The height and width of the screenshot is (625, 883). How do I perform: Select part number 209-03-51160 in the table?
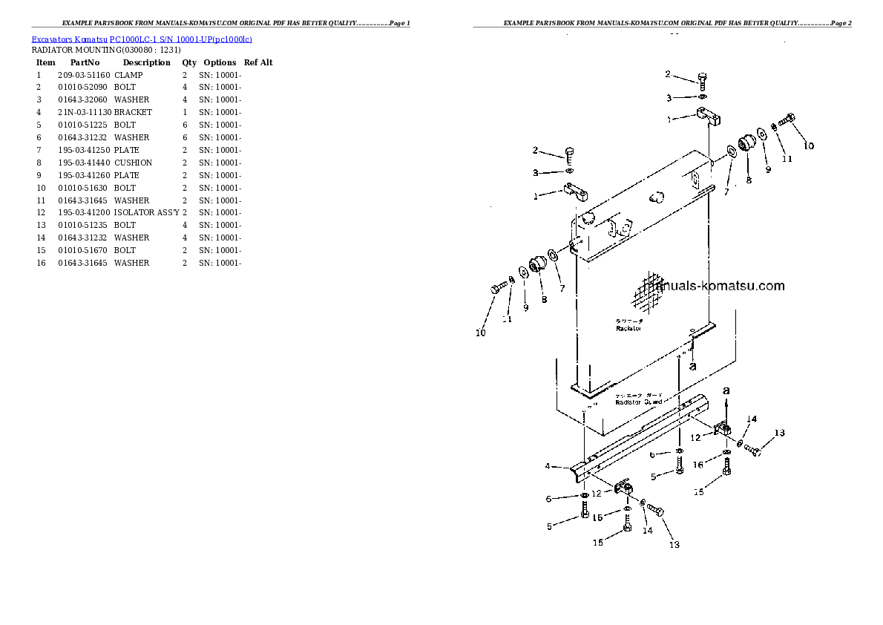[83, 75]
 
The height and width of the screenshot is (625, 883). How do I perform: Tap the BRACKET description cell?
[133, 112]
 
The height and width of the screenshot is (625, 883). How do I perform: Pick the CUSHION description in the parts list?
[133, 163]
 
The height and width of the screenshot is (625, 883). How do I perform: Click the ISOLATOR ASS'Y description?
[146, 212]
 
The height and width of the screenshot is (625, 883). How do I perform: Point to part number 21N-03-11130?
[83, 112]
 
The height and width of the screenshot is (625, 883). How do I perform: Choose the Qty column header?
[189, 62]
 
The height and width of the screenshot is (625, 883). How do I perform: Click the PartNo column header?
[85, 62]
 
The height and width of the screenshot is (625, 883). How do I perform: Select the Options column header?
[220, 62]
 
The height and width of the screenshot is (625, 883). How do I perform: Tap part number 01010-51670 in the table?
[83, 250]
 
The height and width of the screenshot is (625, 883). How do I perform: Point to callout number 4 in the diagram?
[547, 466]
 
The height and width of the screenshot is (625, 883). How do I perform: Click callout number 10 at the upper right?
[808, 145]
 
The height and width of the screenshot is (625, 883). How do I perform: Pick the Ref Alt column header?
[258, 62]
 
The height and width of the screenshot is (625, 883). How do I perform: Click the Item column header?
[46, 62]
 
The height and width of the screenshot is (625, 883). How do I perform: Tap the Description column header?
[146, 62]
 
